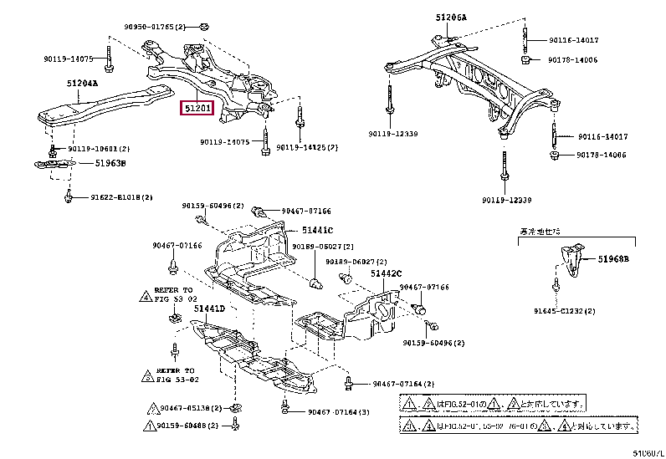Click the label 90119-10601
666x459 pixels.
(97, 149)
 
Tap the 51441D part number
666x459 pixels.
(209, 309)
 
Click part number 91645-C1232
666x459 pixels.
(588, 310)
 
